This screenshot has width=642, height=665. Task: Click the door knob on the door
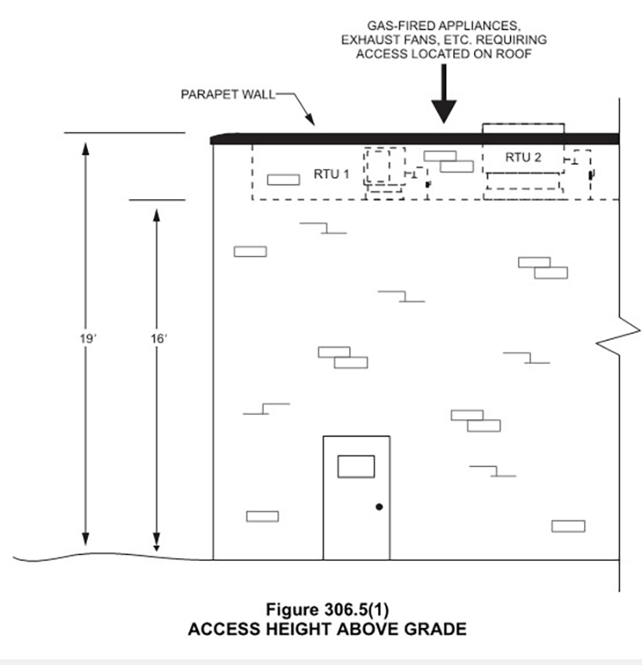pos(378,507)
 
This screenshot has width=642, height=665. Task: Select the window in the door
pos(356,466)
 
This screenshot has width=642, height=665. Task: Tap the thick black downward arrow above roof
pos(444,100)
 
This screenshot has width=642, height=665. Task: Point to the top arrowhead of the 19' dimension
pos(85,147)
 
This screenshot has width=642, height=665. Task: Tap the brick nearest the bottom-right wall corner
pos(568,526)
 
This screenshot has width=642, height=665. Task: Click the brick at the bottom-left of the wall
pos(262,516)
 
